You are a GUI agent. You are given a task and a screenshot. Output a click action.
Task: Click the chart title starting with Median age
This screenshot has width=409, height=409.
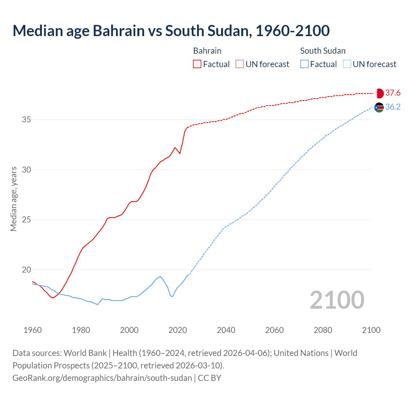coord(171,31)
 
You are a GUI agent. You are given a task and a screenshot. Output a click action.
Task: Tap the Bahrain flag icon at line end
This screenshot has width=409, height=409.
coord(379,93)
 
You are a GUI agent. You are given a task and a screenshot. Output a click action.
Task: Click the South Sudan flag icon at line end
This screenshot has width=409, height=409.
coord(379,107)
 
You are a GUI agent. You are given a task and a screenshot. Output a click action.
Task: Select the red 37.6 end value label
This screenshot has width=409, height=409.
coord(393,93)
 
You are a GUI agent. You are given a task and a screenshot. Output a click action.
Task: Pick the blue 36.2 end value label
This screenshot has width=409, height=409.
coord(393,107)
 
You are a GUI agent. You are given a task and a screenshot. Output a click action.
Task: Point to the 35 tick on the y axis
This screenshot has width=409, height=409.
coord(27,120)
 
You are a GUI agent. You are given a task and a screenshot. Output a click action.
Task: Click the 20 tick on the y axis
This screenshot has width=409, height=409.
coord(27,270)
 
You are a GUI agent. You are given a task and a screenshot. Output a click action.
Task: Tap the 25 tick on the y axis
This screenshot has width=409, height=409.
coord(27,220)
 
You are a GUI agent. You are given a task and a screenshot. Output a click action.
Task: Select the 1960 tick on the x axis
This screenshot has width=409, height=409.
coord(33,330)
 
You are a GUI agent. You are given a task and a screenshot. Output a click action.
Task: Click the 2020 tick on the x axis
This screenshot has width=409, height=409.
coord(178,330)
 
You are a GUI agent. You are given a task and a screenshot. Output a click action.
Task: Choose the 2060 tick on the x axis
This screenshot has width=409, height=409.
coord(274,330)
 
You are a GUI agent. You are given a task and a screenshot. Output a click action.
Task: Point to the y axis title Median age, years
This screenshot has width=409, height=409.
coord(13,199)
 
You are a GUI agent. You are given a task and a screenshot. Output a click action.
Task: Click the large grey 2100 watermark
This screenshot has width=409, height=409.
coord(337,300)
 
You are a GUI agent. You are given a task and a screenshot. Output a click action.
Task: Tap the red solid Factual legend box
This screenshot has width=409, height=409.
coord(197,64)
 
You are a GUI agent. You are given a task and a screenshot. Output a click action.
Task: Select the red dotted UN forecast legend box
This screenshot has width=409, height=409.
coord(240,64)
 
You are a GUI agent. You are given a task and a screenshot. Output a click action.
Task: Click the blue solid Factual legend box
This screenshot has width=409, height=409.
coord(305,64)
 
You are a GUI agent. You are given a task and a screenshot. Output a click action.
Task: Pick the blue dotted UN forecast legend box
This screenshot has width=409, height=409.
coord(347,64)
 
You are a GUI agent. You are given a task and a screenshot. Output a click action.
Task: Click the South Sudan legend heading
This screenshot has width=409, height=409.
coord(323,51)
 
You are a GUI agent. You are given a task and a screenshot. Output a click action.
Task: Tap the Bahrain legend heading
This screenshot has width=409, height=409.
coord(207,51)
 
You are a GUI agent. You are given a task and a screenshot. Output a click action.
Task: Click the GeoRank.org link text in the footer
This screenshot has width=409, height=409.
coord(102,378)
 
